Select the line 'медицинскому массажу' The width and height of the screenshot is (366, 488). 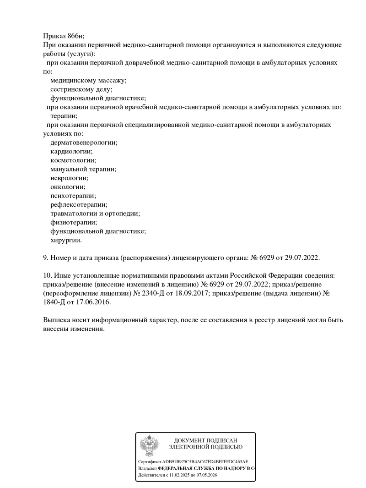[88, 80]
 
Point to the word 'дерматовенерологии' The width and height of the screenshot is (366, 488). [84, 143]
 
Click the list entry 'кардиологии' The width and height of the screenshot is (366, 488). [71, 151]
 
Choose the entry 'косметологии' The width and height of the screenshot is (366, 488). [73, 160]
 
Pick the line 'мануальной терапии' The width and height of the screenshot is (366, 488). [83, 169]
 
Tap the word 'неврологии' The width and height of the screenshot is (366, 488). [70, 178]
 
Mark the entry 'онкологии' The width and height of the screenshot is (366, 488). [68, 186]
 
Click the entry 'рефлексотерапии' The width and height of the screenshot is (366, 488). [79, 204]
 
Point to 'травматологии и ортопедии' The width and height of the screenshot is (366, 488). [95, 213]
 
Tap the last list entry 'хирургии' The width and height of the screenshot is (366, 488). [66, 240]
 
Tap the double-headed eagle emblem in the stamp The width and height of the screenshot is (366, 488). [149, 444]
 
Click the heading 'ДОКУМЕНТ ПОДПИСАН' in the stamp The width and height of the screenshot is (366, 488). [205, 440]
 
